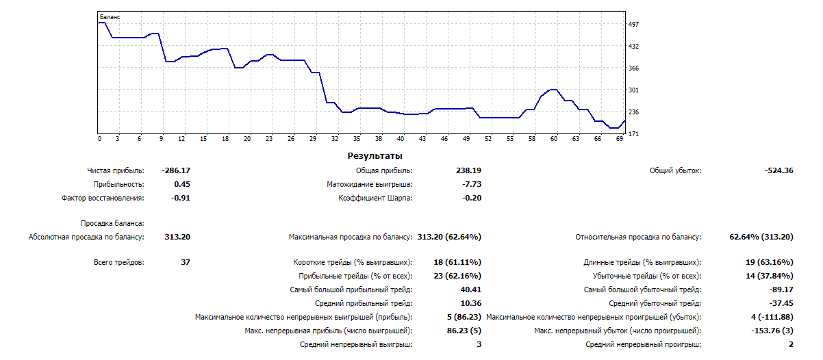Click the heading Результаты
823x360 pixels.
[x=374, y=156]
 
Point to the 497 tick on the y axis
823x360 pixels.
[x=633, y=24]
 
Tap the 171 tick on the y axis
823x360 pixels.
[x=633, y=133]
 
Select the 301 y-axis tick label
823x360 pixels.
[x=633, y=90]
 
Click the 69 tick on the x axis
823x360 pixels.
[x=619, y=139]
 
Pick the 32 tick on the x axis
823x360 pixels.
[x=335, y=139]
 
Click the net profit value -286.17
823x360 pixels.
[x=176, y=170]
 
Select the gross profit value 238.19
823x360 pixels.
[x=468, y=170]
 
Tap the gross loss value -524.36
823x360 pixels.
[x=779, y=170]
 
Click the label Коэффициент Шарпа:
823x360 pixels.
[x=375, y=198]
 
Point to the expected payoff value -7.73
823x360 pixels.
[x=472, y=184]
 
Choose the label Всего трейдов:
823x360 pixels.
[x=118, y=262]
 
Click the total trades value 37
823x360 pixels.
[x=185, y=262]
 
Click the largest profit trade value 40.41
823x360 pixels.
[x=470, y=290]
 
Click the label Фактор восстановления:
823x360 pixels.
[x=103, y=198]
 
